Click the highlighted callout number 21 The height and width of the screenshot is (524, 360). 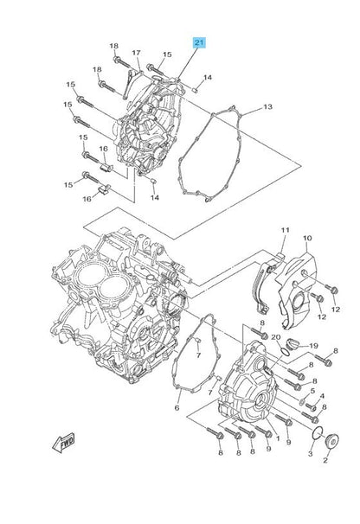click(x=199, y=42)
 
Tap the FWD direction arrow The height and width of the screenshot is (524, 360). click(x=63, y=443)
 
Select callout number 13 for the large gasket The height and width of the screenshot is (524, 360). click(x=267, y=106)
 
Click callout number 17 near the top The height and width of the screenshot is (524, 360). click(x=136, y=53)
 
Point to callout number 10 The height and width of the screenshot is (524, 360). click(x=307, y=238)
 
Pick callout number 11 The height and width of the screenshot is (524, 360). click(x=285, y=230)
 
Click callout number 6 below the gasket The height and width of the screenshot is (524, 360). click(x=177, y=408)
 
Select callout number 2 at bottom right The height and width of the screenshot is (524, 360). click(x=325, y=460)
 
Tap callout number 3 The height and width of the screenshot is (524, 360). click(x=310, y=453)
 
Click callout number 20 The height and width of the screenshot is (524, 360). click(x=276, y=337)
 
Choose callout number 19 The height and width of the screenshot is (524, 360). click(x=313, y=346)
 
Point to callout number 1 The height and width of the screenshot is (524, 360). click(x=278, y=438)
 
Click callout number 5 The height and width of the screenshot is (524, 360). click(x=312, y=391)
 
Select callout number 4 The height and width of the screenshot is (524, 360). click(x=322, y=396)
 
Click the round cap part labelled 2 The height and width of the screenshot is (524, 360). click(x=332, y=441)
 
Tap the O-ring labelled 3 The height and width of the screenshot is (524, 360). click(x=317, y=432)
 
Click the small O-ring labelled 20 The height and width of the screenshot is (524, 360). click(x=285, y=352)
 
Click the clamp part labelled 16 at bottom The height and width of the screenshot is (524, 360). click(x=104, y=190)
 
